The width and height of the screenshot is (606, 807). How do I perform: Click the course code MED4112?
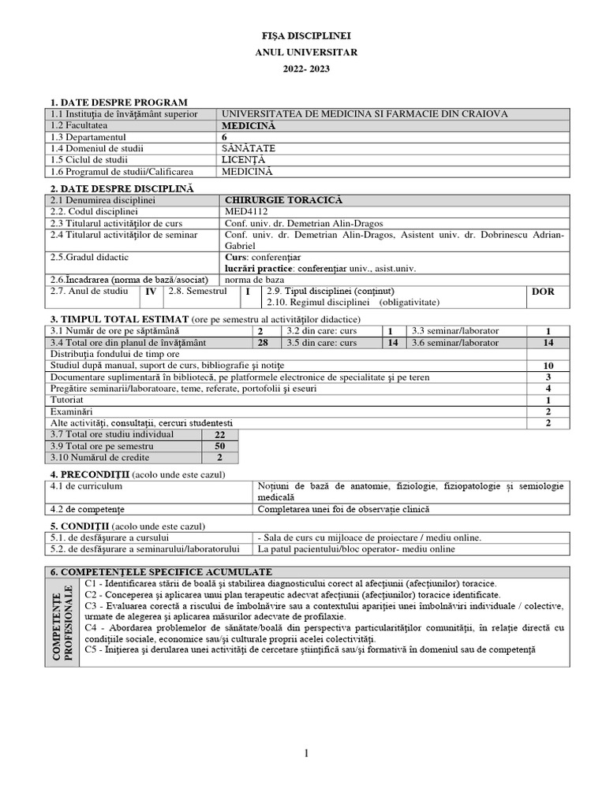246,212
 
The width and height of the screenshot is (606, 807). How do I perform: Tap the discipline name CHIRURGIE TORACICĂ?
274,200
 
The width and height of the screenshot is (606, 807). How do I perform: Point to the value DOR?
543,292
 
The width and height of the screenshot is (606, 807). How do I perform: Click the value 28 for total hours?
263,343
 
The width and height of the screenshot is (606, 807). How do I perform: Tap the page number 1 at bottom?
306,755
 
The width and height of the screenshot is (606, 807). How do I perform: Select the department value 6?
227,136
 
